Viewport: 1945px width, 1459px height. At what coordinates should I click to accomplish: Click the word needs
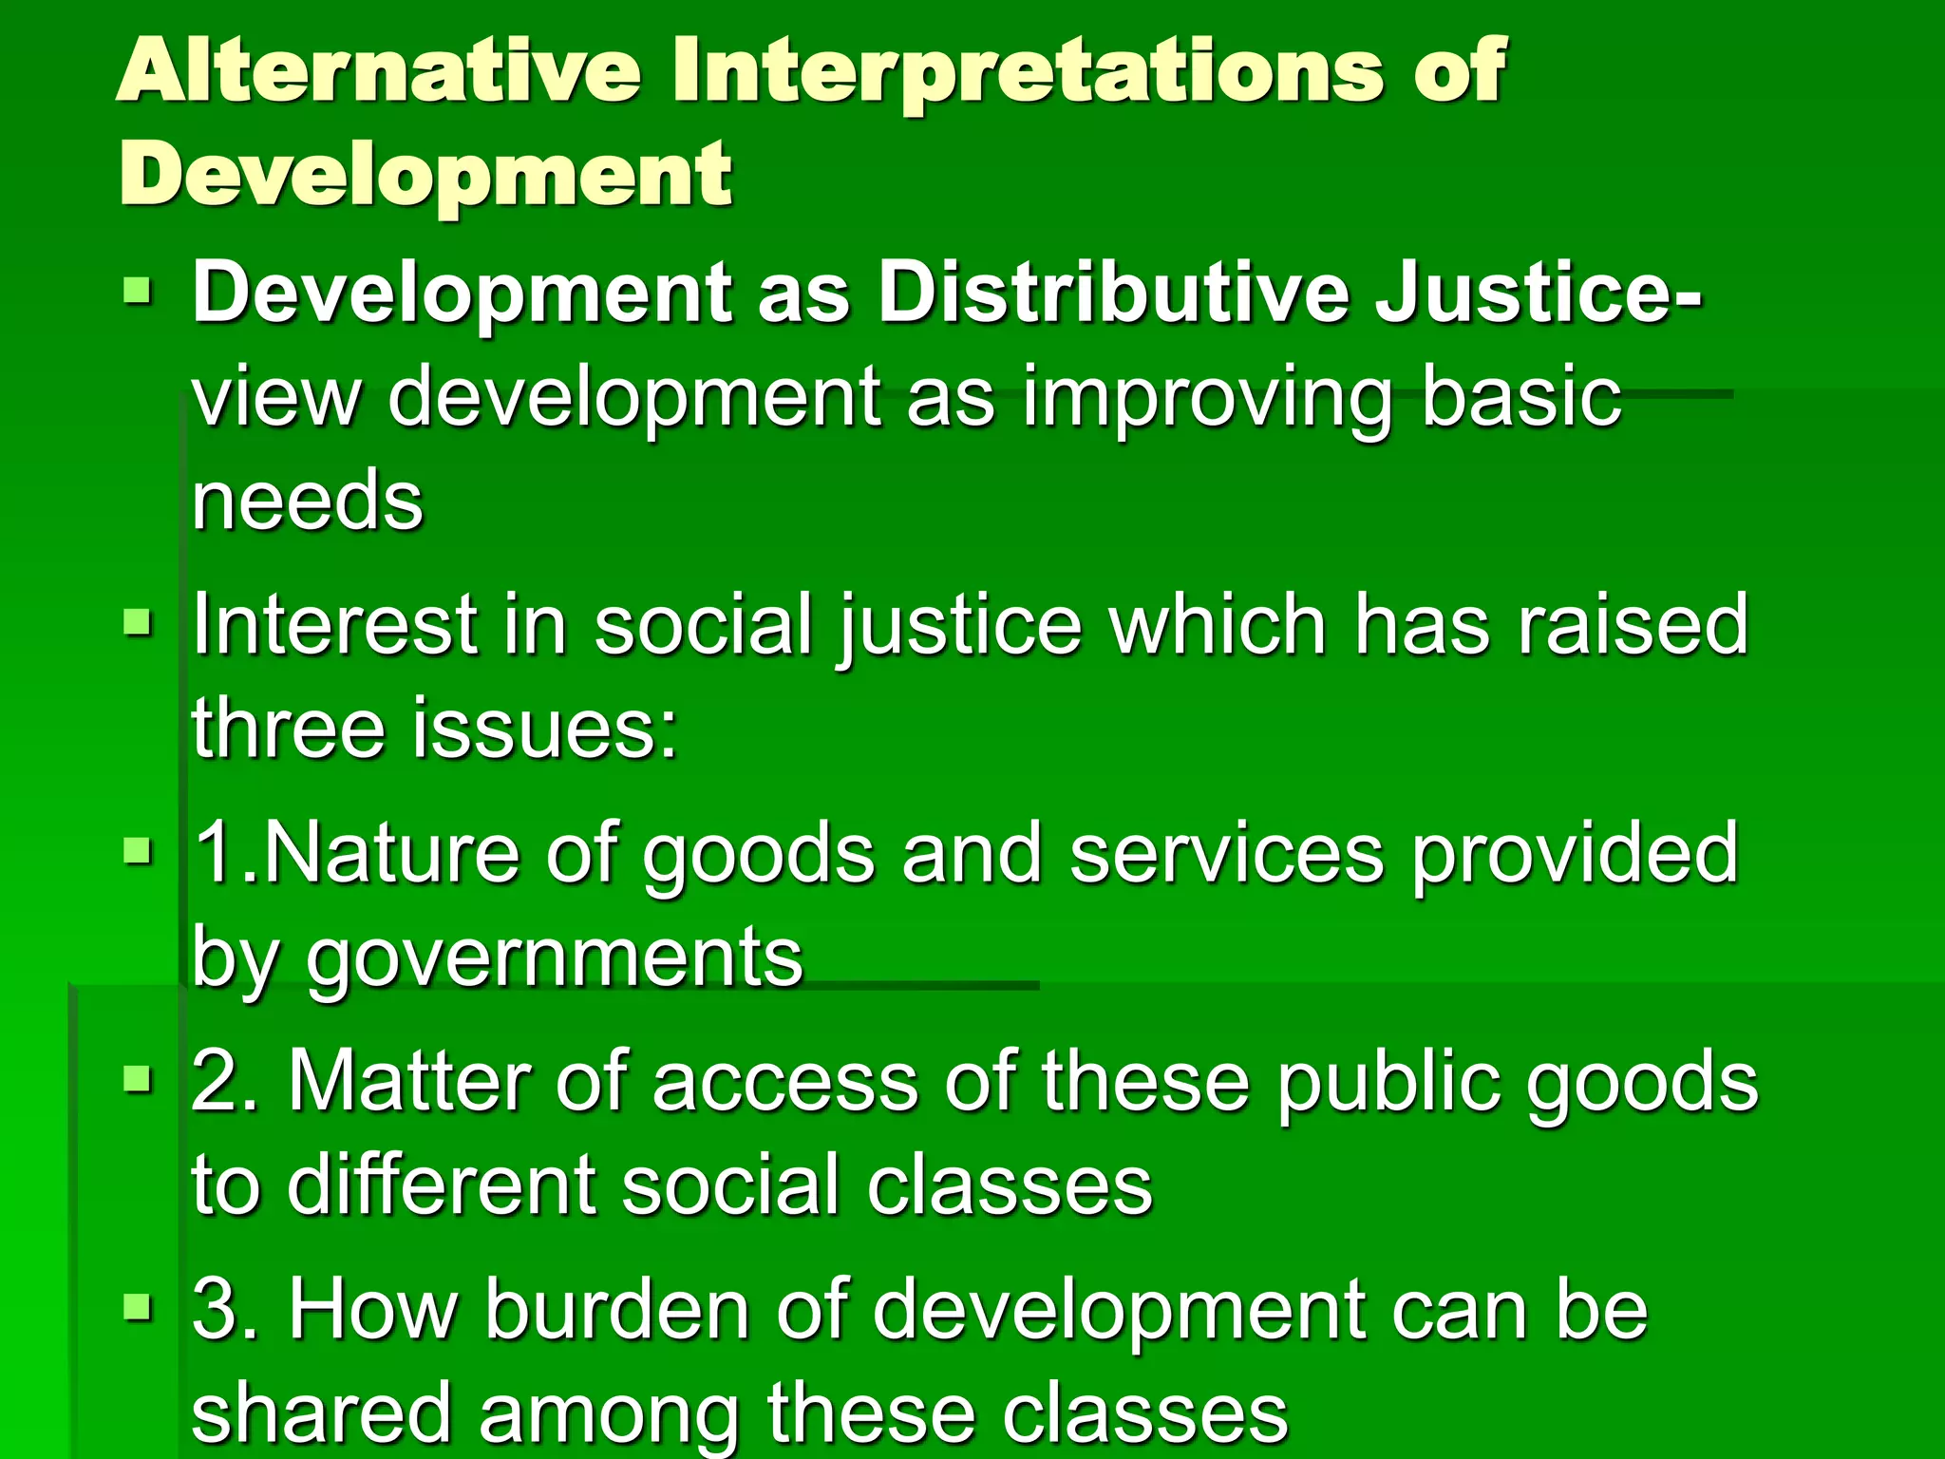point(307,501)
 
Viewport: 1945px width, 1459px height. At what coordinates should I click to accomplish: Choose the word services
point(1226,852)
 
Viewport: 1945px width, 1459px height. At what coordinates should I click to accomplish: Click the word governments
point(555,958)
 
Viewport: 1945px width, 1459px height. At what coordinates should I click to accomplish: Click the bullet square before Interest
point(138,624)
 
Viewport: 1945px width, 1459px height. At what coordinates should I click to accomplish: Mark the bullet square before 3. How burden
point(138,1308)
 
